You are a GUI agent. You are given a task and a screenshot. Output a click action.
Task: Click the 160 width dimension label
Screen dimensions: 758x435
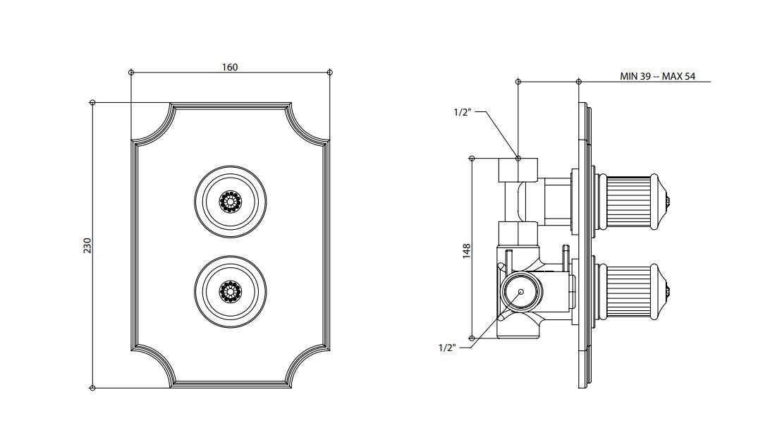click(x=230, y=67)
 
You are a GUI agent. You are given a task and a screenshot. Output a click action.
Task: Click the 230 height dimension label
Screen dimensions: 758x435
click(x=87, y=245)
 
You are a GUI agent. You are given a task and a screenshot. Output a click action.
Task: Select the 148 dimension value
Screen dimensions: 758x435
click(x=467, y=251)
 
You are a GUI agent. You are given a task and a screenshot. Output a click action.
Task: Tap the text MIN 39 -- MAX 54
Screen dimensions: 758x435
click(x=657, y=76)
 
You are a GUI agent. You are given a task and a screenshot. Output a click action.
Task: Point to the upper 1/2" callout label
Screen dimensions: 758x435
click(x=462, y=112)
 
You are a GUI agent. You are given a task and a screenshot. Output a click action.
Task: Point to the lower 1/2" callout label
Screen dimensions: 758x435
click(x=447, y=348)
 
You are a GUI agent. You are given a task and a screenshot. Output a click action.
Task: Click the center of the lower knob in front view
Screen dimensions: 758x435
click(x=230, y=291)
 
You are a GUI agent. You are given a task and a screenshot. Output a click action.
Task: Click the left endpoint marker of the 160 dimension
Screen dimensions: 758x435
click(x=131, y=73)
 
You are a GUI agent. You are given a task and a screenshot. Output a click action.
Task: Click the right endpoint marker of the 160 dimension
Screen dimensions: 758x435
click(x=330, y=73)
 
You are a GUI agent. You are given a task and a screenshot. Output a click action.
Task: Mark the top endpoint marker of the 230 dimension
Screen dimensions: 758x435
click(x=92, y=102)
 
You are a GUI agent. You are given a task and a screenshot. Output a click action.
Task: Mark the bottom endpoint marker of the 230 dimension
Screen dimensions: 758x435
click(x=92, y=388)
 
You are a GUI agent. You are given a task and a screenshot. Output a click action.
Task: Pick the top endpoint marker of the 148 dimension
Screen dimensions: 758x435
click(x=472, y=158)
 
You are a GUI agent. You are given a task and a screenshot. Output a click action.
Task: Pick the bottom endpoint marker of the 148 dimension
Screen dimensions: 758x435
click(x=472, y=338)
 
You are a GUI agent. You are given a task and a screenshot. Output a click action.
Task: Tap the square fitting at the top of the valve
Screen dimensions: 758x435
click(x=518, y=170)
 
